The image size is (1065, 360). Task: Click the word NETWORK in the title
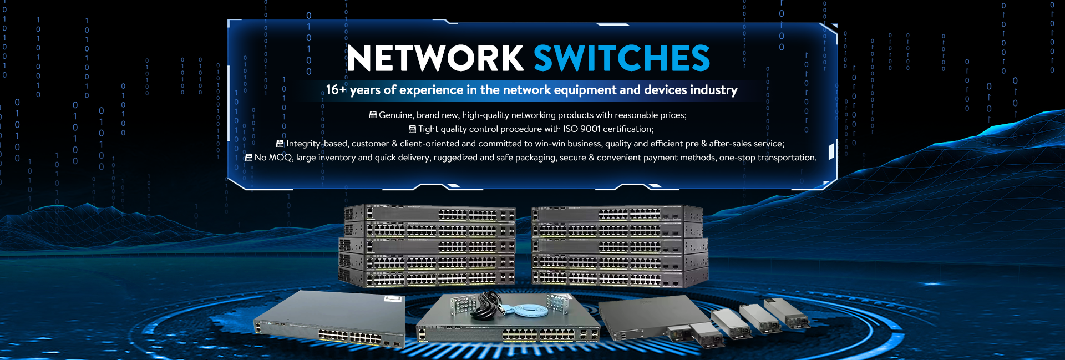pyautogui.click(x=435, y=58)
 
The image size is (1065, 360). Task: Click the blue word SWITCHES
pyautogui.click(x=621, y=58)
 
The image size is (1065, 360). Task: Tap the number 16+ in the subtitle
pyautogui.click(x=336, y=90)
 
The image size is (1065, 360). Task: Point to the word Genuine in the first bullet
pyautogui.click(x=396, y=115)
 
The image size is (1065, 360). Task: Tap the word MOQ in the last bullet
pyautogui.click(x=280, y=158)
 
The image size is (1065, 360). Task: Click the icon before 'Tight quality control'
pyautogui.click(x=412, y=129)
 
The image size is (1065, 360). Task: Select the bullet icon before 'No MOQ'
pyautogui.click(x=248, y=158)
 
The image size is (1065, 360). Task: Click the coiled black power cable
pyautogui.click(x=486, y=306)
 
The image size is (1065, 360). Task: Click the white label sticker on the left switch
pyautogui.click(x=393, y=300)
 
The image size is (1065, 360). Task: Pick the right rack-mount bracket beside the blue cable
pyautogui.click(x=557, y=303)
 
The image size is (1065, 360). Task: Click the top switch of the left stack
pyautogui.click(x=430, y=213)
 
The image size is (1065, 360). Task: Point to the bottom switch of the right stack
pyautogui.click(x=620, y=277)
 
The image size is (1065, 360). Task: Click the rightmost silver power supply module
pyautogui.click(x=786, y=313)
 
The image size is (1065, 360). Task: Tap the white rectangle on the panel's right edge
pyautogui.click(x=831, y=151)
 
